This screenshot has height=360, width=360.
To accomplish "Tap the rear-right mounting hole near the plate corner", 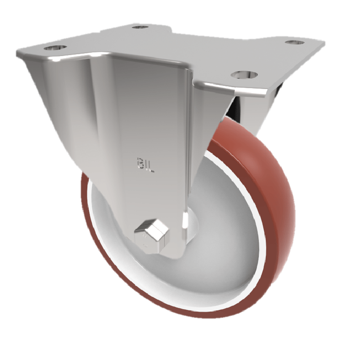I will [294, 42].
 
